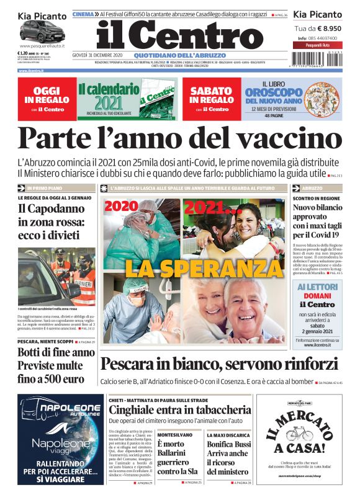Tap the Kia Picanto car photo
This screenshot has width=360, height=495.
[42, 32]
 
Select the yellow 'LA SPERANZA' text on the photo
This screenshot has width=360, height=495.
[178, 268]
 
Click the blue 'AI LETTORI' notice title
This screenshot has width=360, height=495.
[317, 287]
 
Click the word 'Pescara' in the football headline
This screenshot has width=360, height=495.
[127, 363]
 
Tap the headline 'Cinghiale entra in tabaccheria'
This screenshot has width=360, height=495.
[179, 409]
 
